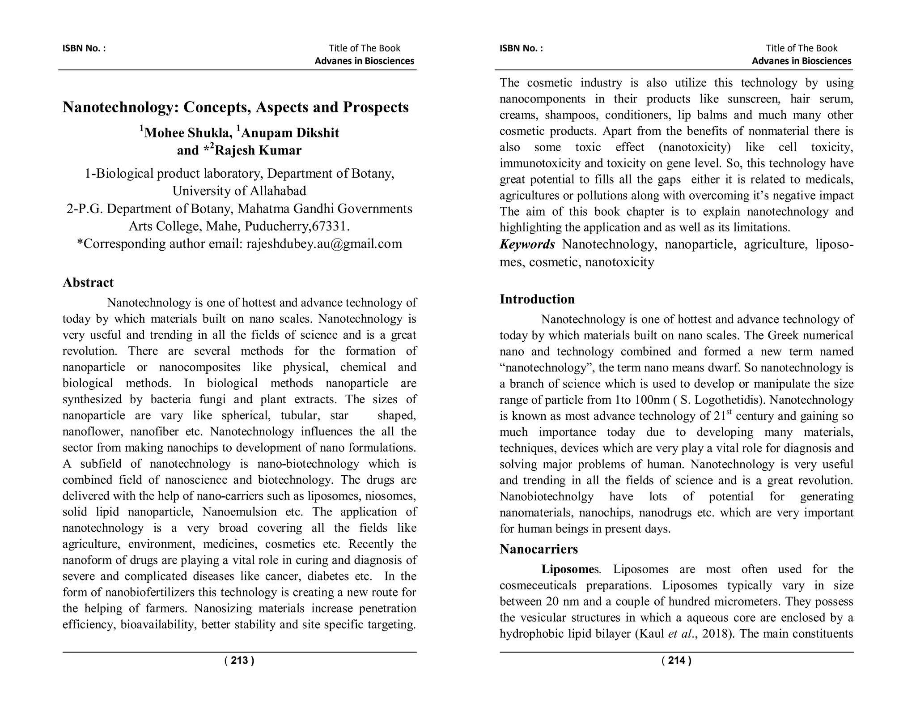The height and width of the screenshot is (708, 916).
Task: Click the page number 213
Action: (x=239, y=661)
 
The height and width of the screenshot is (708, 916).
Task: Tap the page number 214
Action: (x=676, y=661)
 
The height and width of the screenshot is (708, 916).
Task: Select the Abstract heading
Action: (x=88, y=282)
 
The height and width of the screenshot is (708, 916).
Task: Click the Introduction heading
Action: (x=537, y=299)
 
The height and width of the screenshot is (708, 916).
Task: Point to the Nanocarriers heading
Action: (x=539, y=549)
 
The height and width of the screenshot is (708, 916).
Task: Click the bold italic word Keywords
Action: (x=527, y=244)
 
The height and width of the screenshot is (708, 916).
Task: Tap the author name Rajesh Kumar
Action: (x=258, y=150)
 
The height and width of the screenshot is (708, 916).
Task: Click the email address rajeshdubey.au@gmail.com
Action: (x=324, y=244)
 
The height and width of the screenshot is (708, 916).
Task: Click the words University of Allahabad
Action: (x=239, y=191)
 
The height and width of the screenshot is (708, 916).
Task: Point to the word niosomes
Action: (x=396, y=496)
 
